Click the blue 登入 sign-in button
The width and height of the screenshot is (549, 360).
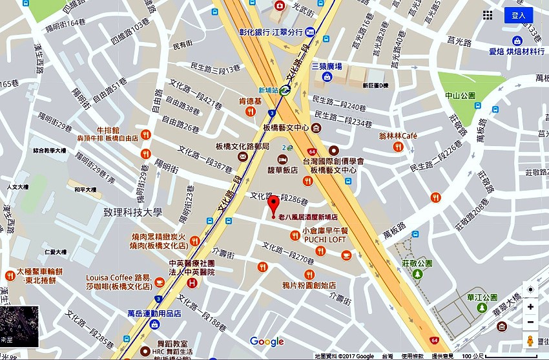519,15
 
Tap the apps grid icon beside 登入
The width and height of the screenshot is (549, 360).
488,15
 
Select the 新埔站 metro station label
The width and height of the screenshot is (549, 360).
271,90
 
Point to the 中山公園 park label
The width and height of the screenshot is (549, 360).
460,96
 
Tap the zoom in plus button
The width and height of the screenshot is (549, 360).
530,306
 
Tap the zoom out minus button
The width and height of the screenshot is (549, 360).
530,322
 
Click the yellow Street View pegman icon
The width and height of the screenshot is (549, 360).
530,341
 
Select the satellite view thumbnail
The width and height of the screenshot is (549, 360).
19,326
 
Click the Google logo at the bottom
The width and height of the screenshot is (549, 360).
267,342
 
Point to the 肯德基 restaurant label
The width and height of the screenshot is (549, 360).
249,101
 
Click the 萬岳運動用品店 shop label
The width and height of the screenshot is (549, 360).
154,313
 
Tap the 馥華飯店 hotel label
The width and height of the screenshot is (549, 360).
282,170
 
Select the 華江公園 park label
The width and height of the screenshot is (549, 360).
480,298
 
